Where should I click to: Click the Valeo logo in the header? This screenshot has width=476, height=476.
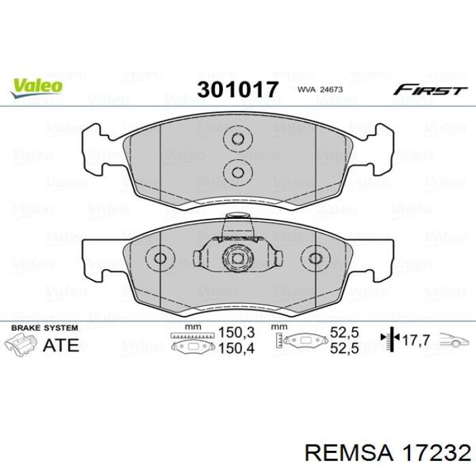37,88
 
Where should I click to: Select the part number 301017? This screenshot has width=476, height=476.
237,90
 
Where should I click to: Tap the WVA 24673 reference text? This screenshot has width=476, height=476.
320,90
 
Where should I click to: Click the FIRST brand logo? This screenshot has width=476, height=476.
430,90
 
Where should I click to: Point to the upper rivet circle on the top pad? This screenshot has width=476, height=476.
238,139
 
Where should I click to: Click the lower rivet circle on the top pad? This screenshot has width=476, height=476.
238,173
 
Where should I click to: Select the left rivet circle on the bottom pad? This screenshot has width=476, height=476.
160,258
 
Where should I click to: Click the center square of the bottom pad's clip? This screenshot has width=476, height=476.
238,258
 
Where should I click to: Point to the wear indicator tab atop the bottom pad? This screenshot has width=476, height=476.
238,224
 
